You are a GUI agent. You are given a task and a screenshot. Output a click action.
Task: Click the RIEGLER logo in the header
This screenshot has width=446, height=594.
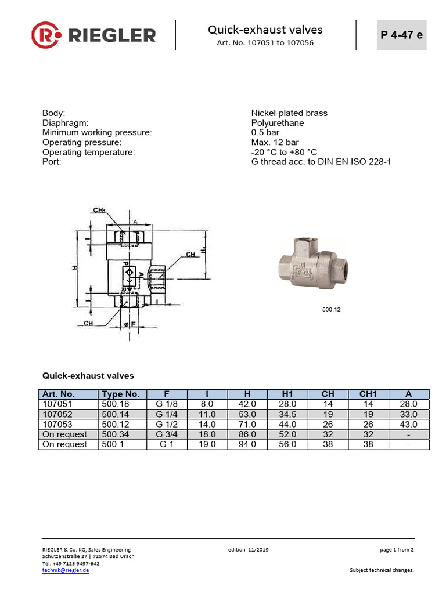point(93,35)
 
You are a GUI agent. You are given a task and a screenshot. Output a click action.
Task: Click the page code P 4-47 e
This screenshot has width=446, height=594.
point(401,34)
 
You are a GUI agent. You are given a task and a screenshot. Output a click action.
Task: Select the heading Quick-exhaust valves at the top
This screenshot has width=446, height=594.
point(265,30)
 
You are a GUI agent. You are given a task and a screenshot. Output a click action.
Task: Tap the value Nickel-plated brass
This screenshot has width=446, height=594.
point(289,113)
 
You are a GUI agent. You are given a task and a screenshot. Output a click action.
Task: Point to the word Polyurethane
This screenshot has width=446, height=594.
point(277,123)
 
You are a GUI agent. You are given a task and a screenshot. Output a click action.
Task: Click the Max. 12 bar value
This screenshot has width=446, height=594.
point(275,142)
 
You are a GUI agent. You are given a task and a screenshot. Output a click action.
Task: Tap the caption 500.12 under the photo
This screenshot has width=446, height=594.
point(331,310)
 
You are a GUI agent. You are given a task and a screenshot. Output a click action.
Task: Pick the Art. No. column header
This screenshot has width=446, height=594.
point(59,394)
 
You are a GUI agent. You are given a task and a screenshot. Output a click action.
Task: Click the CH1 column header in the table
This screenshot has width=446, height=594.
point(368,394)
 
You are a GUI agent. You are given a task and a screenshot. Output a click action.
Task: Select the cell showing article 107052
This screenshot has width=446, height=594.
point(56,414)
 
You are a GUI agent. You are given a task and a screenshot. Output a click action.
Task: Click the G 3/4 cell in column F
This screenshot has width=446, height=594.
point(167,434)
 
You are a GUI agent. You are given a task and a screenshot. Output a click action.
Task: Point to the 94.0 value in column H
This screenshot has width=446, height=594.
point(247,444)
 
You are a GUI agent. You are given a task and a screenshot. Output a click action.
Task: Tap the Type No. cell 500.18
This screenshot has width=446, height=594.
point(116,404)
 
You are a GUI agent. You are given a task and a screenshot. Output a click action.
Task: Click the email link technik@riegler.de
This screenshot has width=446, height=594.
point(66,570)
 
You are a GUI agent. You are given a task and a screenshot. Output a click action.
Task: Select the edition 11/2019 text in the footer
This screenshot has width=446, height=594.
point(249,549)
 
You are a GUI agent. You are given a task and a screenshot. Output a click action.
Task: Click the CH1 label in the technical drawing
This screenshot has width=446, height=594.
point(99,210)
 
